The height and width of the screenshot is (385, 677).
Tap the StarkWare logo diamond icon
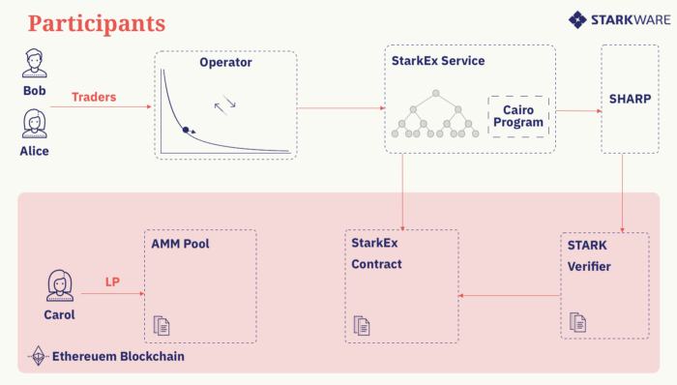tap(577, 18)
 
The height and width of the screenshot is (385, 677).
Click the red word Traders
tap(94, 98)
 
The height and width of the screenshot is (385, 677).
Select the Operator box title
tap(225, 62)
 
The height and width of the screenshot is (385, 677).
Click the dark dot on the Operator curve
tap(186, 129)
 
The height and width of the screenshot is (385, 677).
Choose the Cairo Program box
tap(517, 115)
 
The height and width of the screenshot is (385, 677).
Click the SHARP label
tap(631, 100)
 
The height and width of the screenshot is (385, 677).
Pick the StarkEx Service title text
tap(438, 61)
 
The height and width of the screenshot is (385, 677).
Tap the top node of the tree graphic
tap(437, 93)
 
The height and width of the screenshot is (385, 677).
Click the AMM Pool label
tap(180, 244)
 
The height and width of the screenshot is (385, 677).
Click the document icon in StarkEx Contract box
tap(361, 326)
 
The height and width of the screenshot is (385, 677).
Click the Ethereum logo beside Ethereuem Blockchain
tap(39, 357)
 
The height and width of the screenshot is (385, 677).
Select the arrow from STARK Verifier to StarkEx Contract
tap(510, 295)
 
